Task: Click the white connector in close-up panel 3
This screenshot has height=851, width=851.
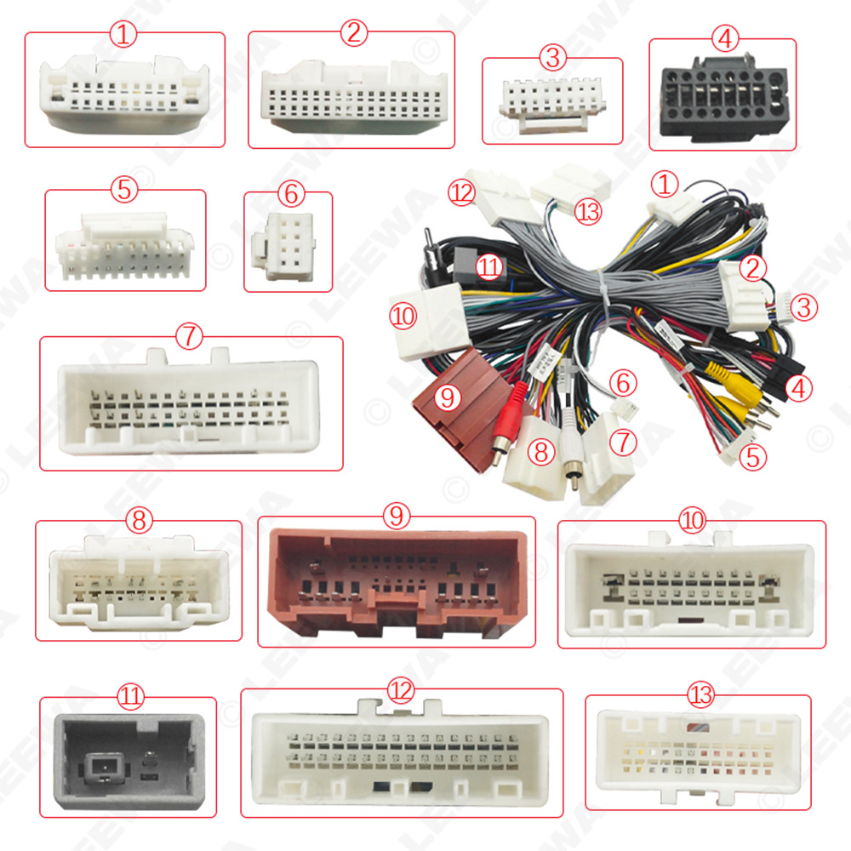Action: pyautogui.click(x=554, y=101)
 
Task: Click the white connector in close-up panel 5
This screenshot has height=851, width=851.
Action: pyautogui.click(x=125, y=246)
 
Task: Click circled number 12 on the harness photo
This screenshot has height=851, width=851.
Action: pyautogui.click(x=463, y=194)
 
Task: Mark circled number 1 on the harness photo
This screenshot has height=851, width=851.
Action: pyautogui.click(x=665, y=183)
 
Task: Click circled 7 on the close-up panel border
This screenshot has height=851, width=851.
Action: pyautogui.click(x=189, y=337)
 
